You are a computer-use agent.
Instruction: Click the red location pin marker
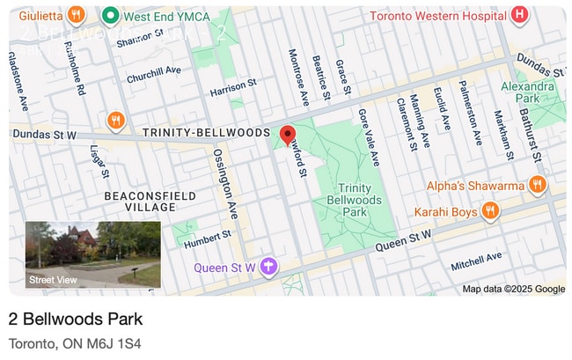(287, 135)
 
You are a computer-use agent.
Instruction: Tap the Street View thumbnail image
(93, 254)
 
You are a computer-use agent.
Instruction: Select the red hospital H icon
(519, 15)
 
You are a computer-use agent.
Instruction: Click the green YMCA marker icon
(111, 15)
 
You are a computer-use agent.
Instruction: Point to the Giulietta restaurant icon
(77, 15)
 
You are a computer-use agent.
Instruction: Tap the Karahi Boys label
(446, 211)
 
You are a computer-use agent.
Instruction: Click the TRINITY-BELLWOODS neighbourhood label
(206, 132)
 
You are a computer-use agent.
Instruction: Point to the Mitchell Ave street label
(476, 261)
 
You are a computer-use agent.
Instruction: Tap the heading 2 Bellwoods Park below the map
(76, 318)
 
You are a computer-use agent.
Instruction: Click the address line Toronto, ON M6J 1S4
(75, 343)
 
